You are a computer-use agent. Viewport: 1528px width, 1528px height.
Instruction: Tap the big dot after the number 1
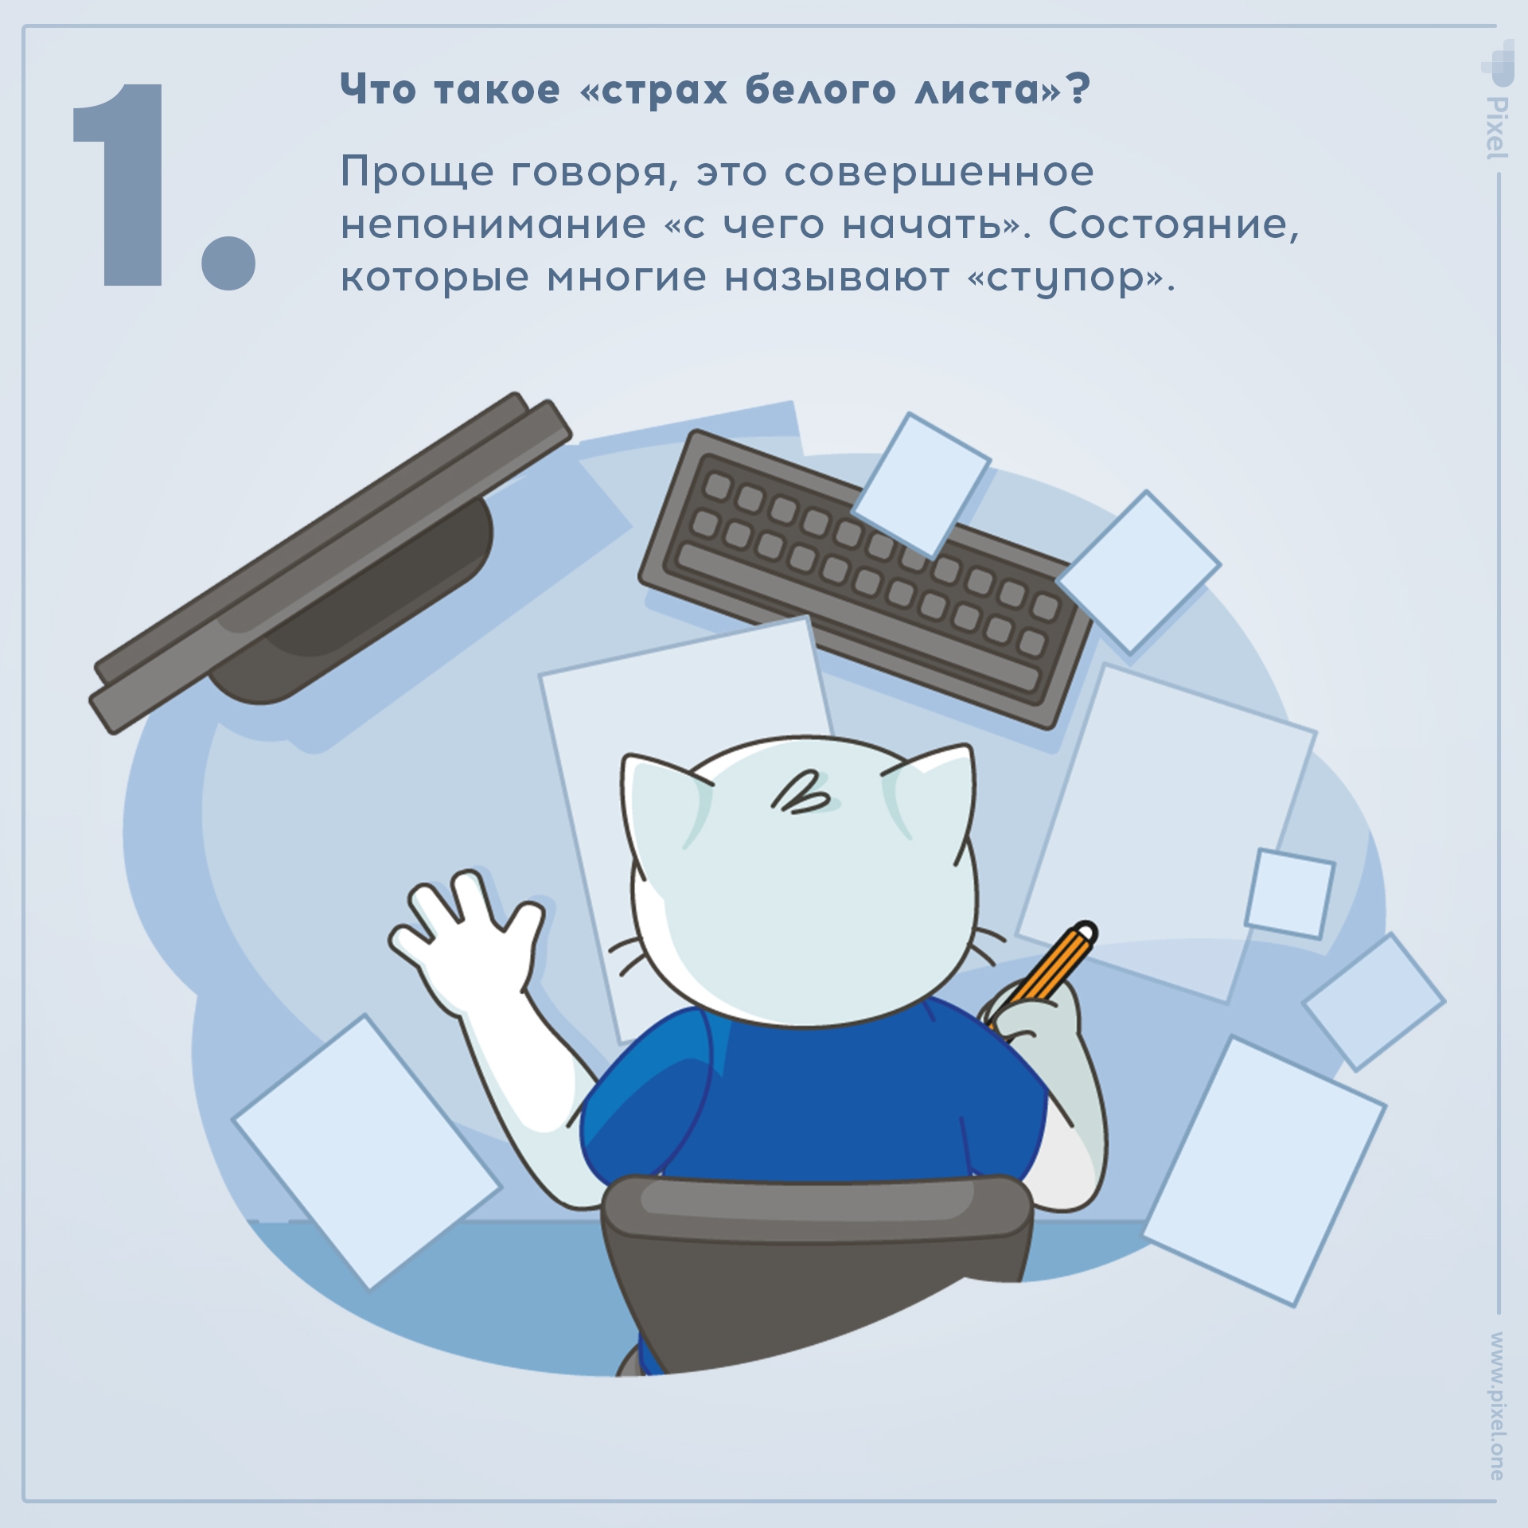coord(228,262)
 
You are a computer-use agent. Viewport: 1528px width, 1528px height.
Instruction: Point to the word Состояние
coord(1173,224)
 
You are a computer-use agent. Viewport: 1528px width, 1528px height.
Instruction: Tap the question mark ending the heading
coord(1078,88)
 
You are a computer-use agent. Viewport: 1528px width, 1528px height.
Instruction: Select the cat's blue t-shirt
coord(812,1098)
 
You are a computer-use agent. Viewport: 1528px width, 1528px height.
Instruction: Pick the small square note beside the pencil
coord(1289,893)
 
